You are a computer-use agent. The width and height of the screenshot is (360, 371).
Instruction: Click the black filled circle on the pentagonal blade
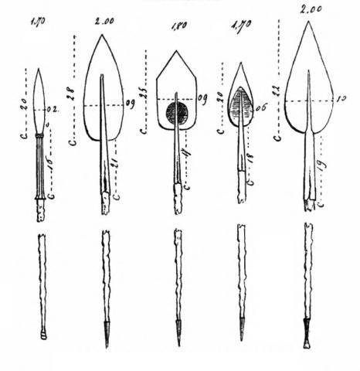(177, 113)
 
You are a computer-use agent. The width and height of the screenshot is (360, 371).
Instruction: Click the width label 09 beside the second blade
(130, 104)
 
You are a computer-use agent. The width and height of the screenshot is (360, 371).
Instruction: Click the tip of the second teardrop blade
(104, 36)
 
